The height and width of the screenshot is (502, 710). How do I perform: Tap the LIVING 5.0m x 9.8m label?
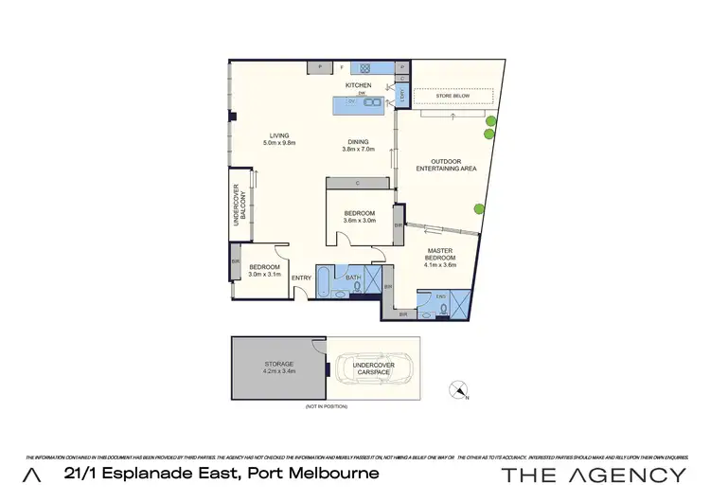tap(279, 139)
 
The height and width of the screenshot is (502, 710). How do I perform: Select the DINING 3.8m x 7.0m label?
tap(358, 145)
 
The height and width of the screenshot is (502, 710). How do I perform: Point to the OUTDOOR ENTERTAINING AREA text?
tap(446, 165)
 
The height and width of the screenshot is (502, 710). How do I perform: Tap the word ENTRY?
tap(301, 278)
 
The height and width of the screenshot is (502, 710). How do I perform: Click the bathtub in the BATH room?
tap(323, 280)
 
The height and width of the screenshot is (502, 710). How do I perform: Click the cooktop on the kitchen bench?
tap(362, 67)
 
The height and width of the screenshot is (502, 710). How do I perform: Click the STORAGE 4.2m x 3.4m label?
tap(279, 367)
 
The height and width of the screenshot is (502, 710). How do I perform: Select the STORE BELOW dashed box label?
tap(453, 96)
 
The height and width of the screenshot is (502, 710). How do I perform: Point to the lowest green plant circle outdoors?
tap(479, 210)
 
